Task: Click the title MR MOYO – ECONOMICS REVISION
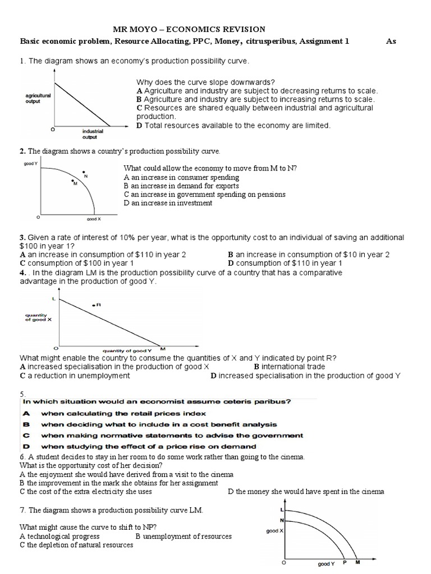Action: click(x=190, y=29)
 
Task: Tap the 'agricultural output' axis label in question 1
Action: click(x=38, y=99)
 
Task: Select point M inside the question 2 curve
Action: click(x=73, y=182)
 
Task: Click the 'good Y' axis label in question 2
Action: click(x=30, y=163)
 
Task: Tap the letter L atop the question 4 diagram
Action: click(x=54, y=299)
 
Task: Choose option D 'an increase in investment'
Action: click(x=168, y=203)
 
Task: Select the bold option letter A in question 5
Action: click(x=25, y=413)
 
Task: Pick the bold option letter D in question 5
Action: click(x=25, y=446)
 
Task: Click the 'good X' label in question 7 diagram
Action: click(x=274, y=530)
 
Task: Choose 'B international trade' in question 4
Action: click(x=289, y=367)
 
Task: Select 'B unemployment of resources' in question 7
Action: click(x=184, y=536)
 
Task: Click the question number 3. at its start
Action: click(x=22, y=238)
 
